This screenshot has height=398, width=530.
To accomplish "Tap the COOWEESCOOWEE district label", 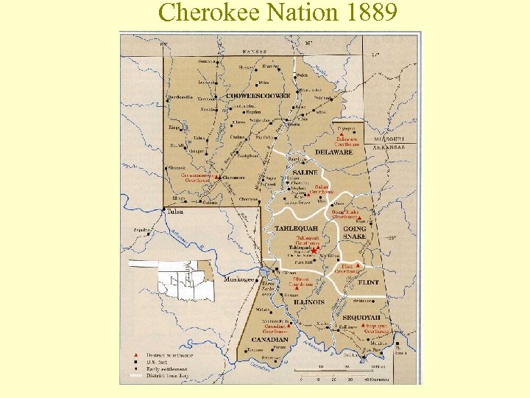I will (258, 97).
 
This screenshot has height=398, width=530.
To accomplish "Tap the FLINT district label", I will (369, 282).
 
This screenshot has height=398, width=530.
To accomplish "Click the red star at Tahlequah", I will (314, 251).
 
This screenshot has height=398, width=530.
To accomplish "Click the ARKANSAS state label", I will (389, 147).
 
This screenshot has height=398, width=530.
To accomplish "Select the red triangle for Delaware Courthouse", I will (341, 133).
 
